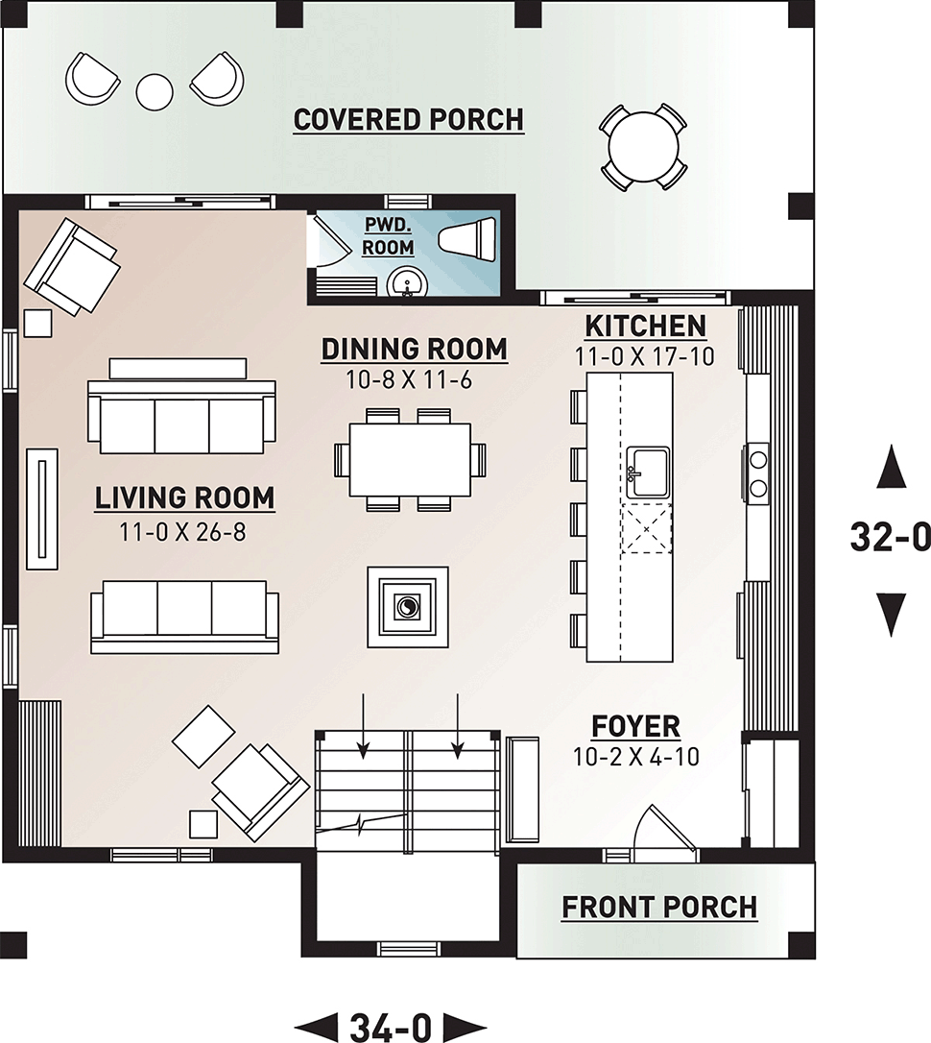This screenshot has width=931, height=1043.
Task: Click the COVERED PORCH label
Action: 409,120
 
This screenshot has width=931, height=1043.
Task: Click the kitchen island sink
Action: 647,472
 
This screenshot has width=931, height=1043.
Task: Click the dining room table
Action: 410,460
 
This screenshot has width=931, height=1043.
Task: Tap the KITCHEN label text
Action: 645,327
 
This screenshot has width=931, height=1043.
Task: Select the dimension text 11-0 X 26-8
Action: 182,531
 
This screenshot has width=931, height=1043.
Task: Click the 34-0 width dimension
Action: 391,1027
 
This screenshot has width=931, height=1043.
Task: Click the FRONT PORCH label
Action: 660,908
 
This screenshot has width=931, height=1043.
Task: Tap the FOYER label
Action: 636,726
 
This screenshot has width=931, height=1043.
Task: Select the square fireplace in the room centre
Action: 407,607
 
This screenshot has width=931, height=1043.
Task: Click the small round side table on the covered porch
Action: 155,90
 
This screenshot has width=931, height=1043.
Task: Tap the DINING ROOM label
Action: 414,350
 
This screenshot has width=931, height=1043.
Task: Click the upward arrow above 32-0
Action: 891,468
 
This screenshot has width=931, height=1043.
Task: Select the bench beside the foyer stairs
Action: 523,789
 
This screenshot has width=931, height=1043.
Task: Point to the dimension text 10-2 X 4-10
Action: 636,757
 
